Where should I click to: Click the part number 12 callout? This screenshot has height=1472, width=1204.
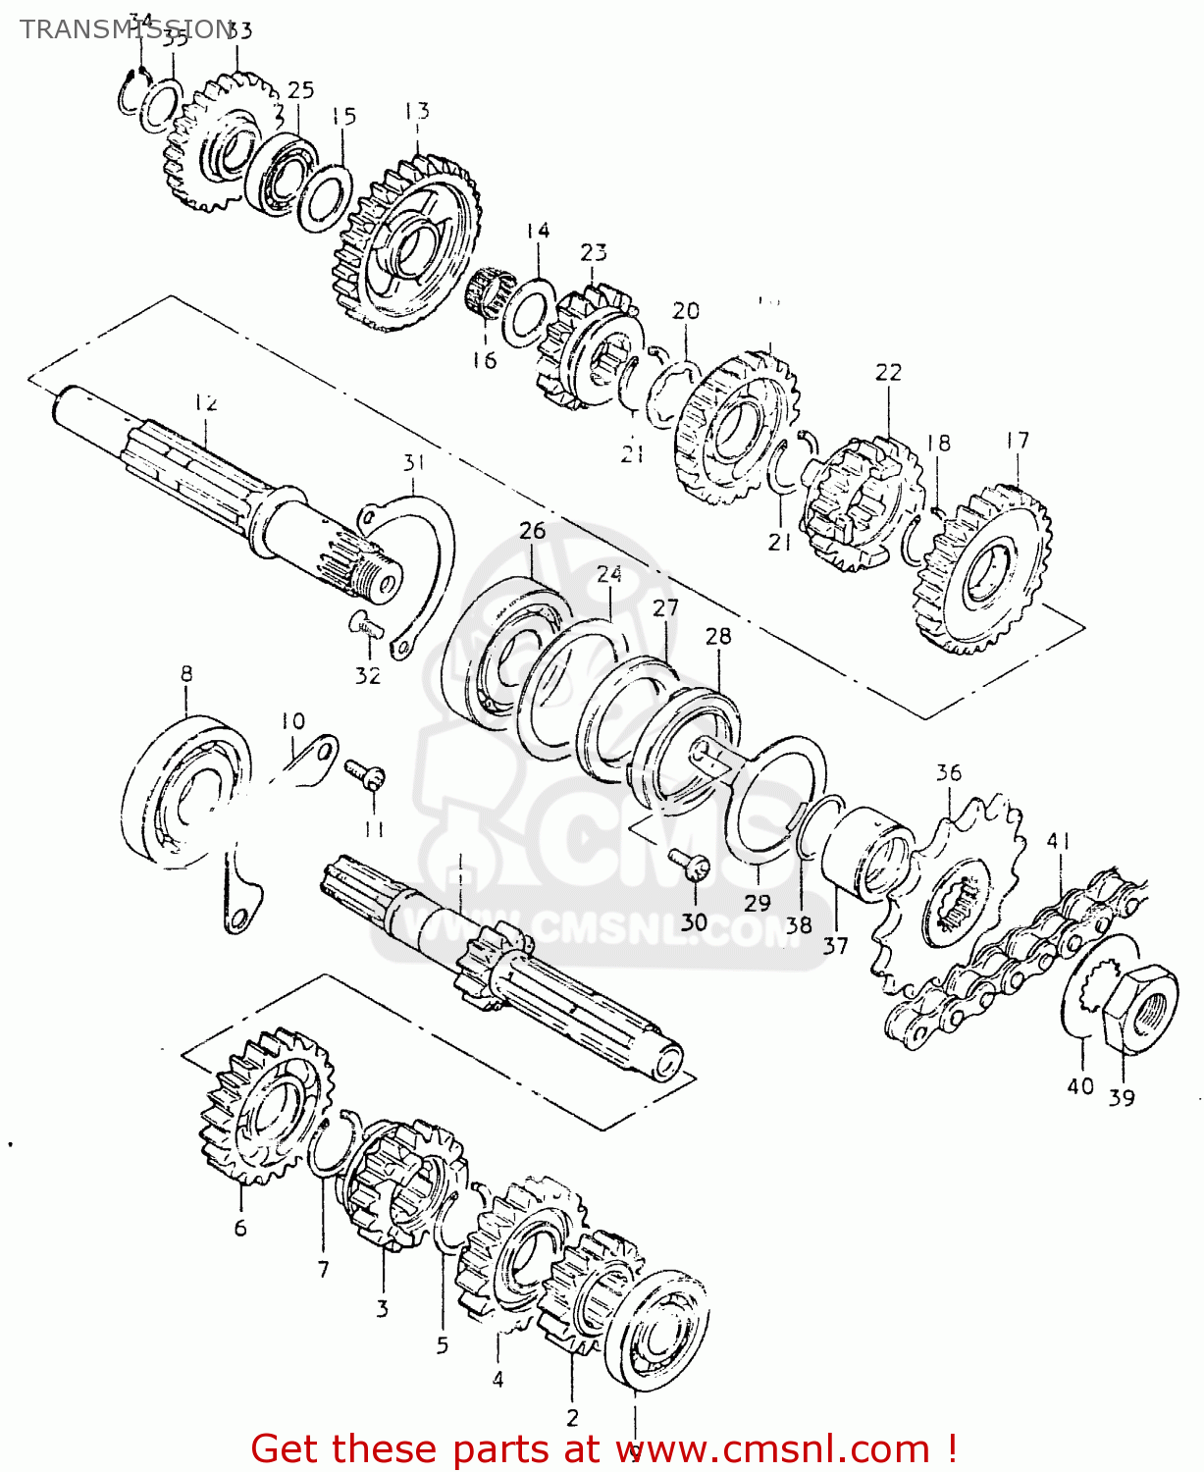coord(205,403)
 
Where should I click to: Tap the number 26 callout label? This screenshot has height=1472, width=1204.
coord(532,531)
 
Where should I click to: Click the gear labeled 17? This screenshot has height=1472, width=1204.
coord(981,569)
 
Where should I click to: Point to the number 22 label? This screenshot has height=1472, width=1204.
coord(888,373)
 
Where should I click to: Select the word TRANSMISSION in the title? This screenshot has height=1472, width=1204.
coord(126,29)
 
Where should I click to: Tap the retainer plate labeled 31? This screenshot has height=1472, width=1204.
coord(422,559)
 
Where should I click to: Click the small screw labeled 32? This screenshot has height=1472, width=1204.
coord(364,623)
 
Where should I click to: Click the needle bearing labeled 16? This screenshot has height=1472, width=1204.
coord(485,291)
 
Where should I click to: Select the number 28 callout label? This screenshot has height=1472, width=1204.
coord(718,636)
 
